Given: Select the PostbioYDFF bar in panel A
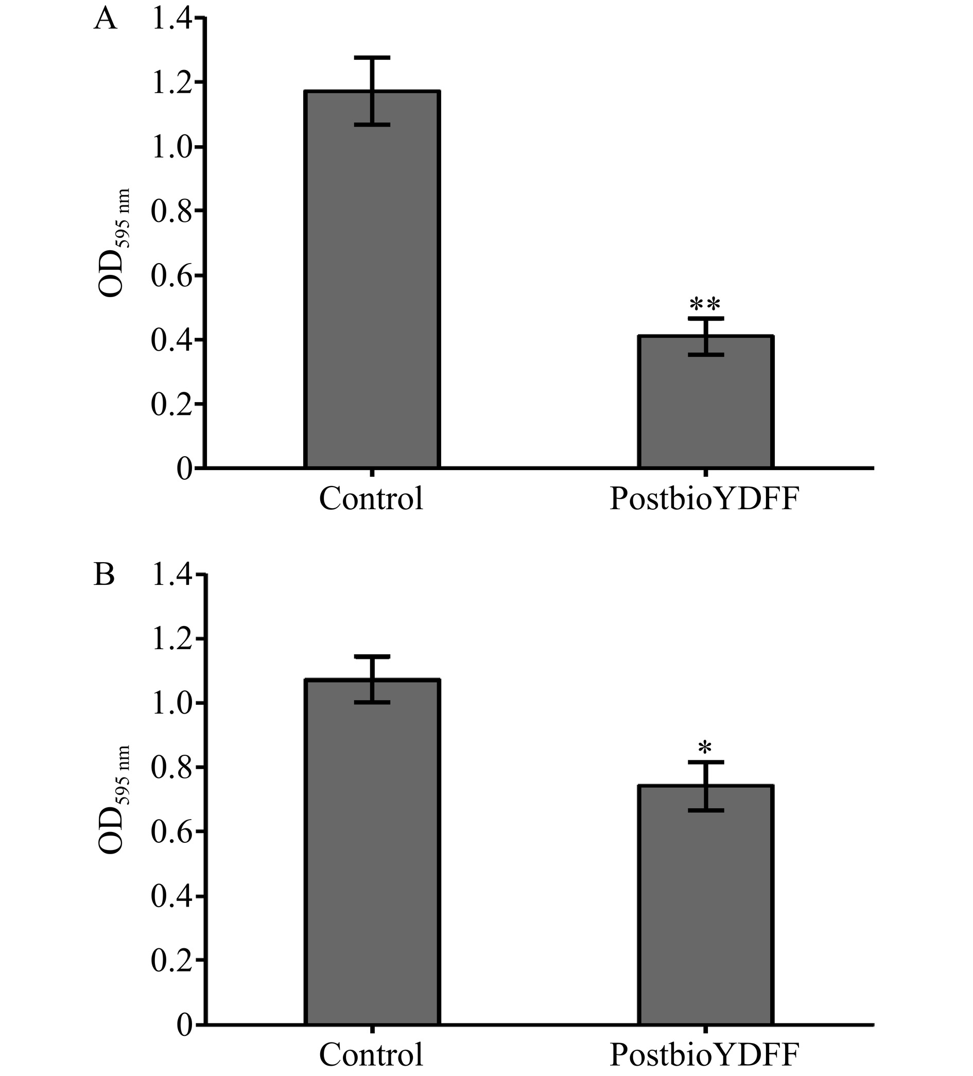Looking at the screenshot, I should [x=706, y=406].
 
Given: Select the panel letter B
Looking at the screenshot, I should [x=104, y=576].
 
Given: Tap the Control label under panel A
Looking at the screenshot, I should [x=372, y=498].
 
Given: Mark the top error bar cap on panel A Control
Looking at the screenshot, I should [x=372, y=57].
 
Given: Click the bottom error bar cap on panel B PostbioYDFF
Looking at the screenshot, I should [x=706, y=810].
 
